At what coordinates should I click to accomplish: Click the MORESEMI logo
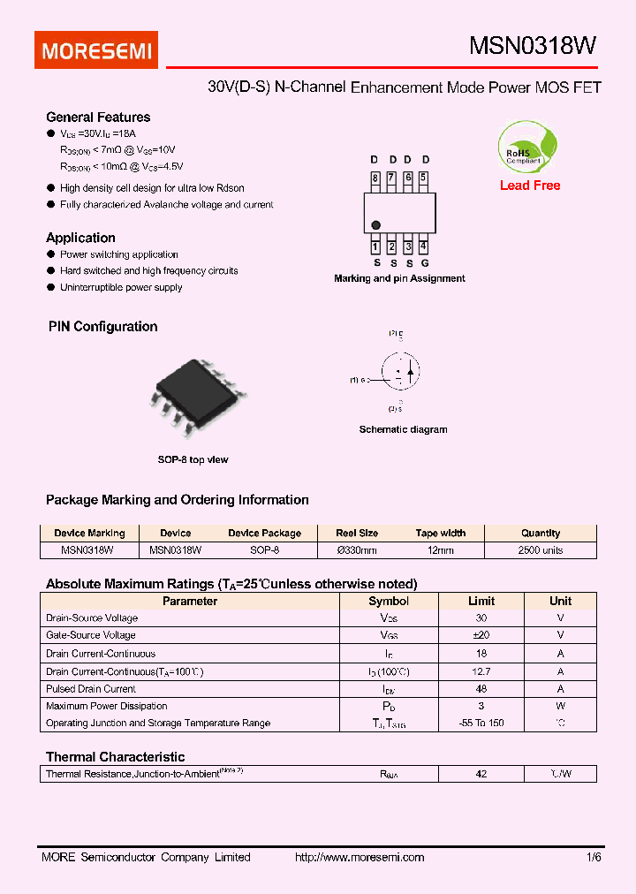tap(96, 51)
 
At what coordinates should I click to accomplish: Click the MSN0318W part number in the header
tap(533, 48)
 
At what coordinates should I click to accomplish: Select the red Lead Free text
tap(530, 186)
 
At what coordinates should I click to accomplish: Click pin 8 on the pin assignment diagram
tap(375, 178)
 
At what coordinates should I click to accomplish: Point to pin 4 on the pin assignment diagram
tap(424, 246)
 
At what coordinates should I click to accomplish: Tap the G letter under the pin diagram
tap(425, 262)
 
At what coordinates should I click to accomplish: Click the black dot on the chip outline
tap(376, 225)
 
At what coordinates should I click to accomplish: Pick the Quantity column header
tap(541, 534)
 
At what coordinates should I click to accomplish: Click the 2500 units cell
tap(541, 550)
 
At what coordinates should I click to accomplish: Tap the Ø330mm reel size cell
tap(357, 550)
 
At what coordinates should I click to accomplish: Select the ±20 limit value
tap(481, 635)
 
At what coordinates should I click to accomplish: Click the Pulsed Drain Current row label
tap(91, 689)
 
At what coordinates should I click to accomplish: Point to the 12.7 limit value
tap(481, 671)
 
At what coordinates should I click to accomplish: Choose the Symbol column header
tap(389, 602)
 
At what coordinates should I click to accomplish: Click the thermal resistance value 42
tap(481, 774)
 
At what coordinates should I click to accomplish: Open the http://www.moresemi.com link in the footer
tap(359, 858)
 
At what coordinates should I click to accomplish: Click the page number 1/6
tap(594, 858)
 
